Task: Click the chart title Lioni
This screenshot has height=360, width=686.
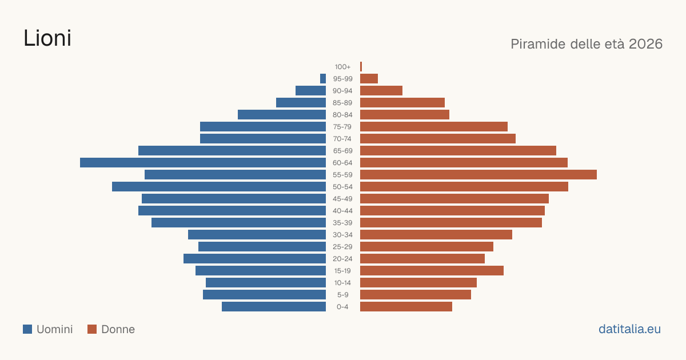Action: coord(47,38)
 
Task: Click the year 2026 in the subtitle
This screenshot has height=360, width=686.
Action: coord(645,44)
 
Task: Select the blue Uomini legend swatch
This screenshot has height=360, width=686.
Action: coord(27,329)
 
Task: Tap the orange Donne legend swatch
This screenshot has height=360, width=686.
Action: coord(92,329)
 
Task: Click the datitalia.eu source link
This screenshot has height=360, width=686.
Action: coord(629,329)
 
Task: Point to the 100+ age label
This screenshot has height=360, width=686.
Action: coord(342,67)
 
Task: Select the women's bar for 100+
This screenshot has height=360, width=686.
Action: coord(361,67)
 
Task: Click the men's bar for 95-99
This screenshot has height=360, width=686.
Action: coord(323,79)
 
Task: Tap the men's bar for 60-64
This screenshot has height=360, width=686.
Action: coord(203,162)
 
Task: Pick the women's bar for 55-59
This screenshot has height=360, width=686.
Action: coord(478,174)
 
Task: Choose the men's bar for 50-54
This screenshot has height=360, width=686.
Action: coord(219,187)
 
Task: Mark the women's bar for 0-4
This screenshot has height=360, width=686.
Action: coord(406,307)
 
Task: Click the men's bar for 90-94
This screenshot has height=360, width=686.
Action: coord(311,91)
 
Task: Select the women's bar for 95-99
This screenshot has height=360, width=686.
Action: coord(369,79)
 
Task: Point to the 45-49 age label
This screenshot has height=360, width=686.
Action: coord(342,199)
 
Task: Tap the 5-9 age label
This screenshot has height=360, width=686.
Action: coord(342,295)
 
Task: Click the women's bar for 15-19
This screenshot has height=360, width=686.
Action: coord(432,271)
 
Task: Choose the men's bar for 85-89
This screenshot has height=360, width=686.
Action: coord(301,102)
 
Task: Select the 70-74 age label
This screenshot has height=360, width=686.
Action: coord(342,139)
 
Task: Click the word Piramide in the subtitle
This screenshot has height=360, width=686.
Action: coord(538,44)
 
